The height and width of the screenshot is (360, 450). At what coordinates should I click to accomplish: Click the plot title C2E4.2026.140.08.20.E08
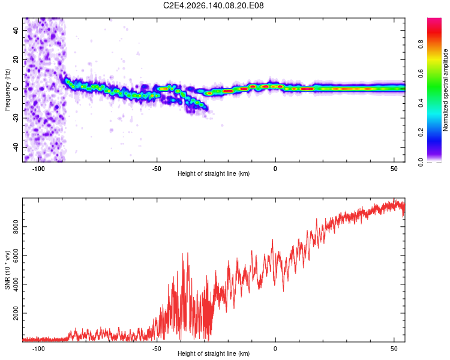[213, 5]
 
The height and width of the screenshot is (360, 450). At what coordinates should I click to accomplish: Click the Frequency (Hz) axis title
[7, 90]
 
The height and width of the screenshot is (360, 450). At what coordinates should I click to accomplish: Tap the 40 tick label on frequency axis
[16, 30]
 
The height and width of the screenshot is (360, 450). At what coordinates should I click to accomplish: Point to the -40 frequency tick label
[16, 147]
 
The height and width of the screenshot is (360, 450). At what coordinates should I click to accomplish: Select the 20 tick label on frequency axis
[16, 59]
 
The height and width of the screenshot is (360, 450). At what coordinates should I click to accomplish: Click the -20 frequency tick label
[16, 118]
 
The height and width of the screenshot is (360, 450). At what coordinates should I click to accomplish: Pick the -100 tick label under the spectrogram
[38, 169]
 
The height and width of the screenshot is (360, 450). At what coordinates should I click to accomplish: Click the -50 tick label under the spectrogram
[157, 169]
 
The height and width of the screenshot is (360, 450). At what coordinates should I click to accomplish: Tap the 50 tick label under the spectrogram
[394, 169]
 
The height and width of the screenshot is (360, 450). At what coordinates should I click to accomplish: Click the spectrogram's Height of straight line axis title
[214, 173]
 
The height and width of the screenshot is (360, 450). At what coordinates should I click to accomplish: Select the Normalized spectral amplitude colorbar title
[445, 90]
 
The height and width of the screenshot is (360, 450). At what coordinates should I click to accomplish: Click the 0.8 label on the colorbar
[421, 44]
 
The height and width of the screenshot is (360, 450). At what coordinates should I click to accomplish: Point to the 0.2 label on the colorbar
[421, 133]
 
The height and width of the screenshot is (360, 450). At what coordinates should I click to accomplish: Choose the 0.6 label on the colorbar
[421, 74]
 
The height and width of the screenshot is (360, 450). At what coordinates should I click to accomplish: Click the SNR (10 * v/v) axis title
[7, 270]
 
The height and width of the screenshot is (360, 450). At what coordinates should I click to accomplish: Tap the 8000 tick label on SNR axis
[16, 227]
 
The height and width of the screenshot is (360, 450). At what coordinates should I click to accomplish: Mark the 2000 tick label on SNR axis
[16, 313]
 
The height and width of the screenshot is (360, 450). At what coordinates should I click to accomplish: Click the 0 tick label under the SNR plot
[275, 349]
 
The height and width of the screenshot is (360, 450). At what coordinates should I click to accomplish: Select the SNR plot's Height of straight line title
[214, 353]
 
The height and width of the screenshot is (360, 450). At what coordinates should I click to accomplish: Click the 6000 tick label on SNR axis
[16, 256]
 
